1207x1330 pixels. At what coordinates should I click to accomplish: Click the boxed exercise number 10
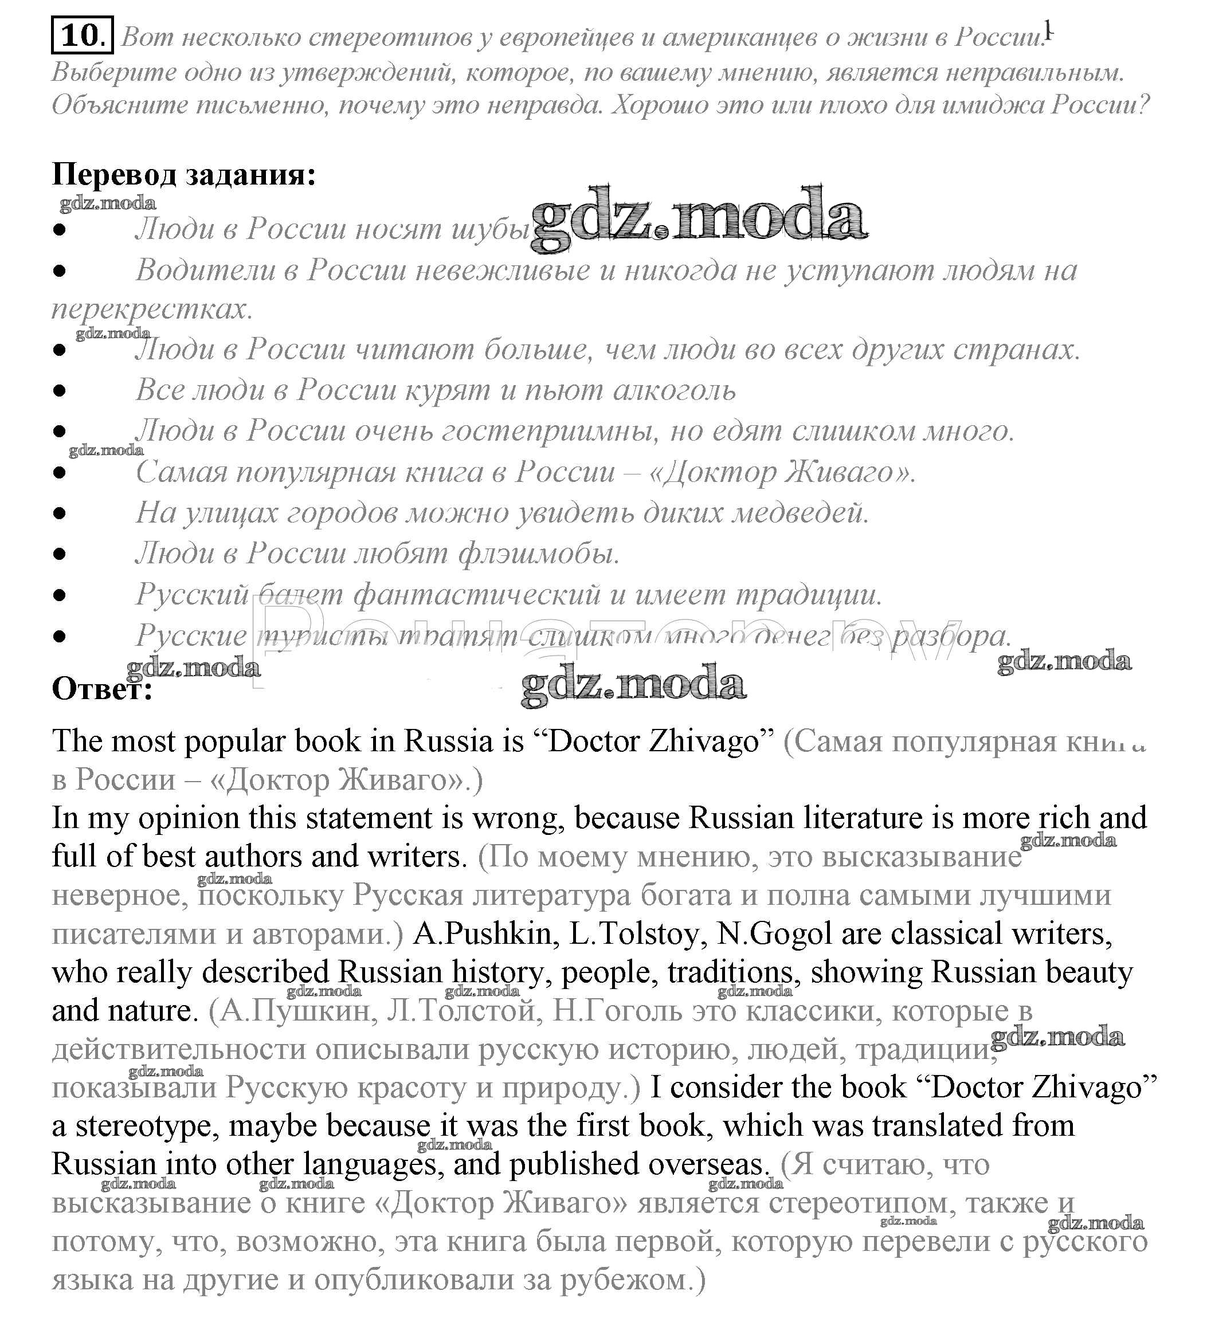click(82, 35)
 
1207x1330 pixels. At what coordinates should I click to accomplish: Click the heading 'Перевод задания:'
click(184, 175)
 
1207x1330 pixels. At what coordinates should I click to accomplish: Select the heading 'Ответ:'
click(102, 690)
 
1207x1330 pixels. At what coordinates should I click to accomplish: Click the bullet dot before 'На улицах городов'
click(60, 513)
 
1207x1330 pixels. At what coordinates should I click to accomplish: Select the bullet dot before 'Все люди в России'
click(60, 391)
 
